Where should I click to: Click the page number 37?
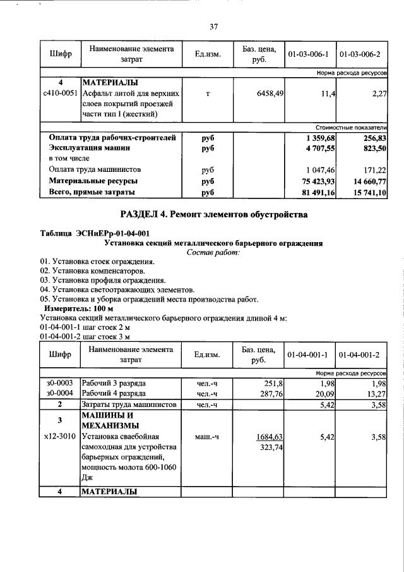pos(213,27)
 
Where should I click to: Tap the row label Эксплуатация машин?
pos(90,148)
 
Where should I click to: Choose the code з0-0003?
pos(61,383)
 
